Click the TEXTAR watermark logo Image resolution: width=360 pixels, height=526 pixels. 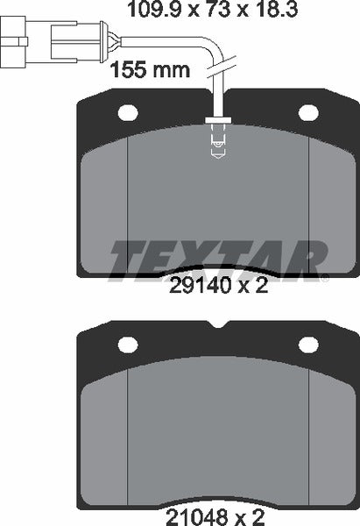pyautogui.click(x=216, y=256)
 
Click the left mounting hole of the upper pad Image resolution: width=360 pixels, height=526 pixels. pyautogui.click(x=129, y=113)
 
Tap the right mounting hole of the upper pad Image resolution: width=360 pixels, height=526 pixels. pyautogui.click(x=308, y=113)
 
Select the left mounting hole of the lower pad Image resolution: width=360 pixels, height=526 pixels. pyautogui.click(x=129, y=345)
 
